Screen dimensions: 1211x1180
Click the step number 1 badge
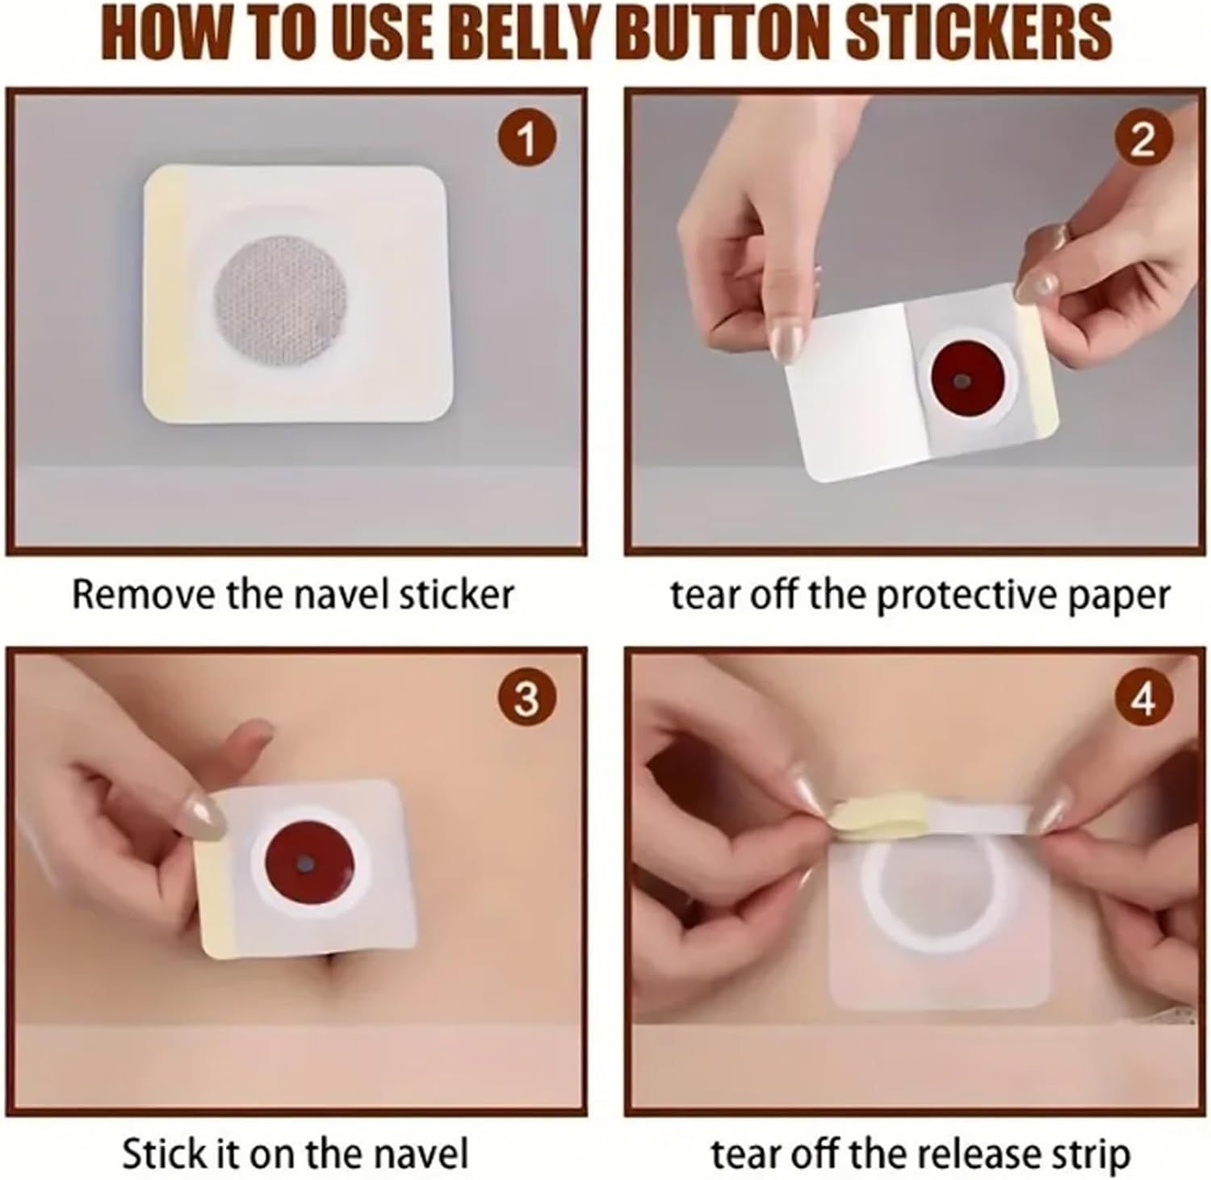click(x=526, y=139)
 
